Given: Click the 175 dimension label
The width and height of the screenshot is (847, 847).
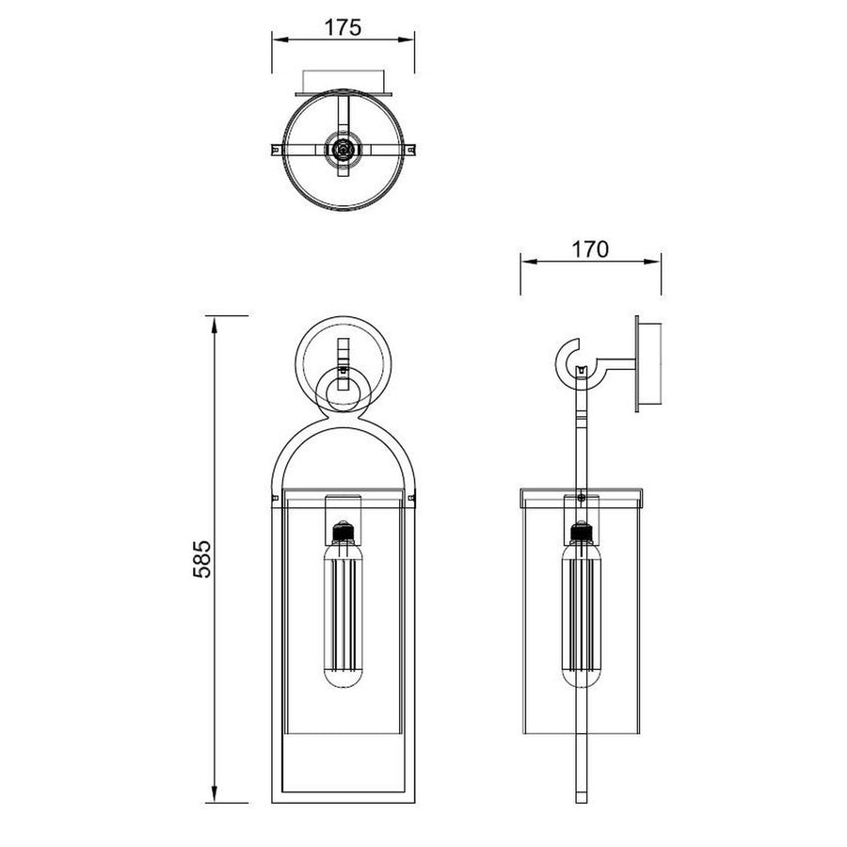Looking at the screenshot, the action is [x=343, y=27].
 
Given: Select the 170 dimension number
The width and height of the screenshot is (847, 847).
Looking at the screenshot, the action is [x=590, y=249].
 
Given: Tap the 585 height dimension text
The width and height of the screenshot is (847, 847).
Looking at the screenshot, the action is [x=202, y=558].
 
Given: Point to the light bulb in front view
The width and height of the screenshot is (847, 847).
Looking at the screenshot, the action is [x=343, y=613].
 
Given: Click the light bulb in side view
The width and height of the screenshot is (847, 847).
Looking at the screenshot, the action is [x=582, y=613].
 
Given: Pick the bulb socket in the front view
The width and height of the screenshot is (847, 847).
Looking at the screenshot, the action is [x=343, y=533].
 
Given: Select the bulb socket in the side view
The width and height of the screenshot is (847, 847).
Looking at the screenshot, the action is [x=582, y=533].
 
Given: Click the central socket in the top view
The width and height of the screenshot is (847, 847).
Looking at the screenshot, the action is [x=343, y=148].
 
